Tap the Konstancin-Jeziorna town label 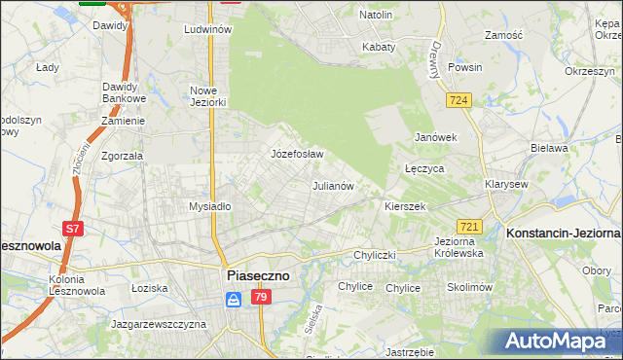coord(563,234)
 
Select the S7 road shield coord(72,229)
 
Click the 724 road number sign coord(459,100)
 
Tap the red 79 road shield coord(259,299)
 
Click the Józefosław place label coord(296,154)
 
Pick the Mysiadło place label coord(209,206)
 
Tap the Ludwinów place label coord(207,30)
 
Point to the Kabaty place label coord(378,46)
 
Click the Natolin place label coord(376,15)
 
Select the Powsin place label coord(465,68)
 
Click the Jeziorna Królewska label coord(458,246)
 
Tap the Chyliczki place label coord(374,255)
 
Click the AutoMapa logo coord(560,341)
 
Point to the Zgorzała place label coord(123,155)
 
